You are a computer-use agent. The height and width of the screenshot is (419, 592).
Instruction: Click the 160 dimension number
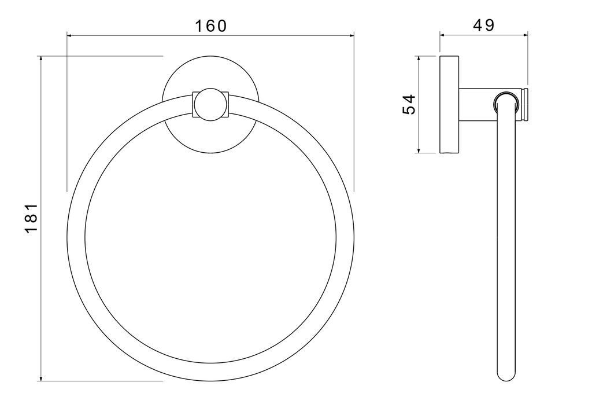pyautogui.click(x=210, y=25)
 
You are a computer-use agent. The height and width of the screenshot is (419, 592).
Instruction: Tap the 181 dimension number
pyautogui.click(x=32, y=218)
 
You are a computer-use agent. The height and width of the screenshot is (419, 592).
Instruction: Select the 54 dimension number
pyautogui.click(x=409, y=104)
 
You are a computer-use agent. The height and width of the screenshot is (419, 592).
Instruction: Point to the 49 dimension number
pyautogui.click(x=483, y=25)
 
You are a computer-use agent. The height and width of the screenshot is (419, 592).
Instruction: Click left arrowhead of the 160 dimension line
pyautogui.click(x=69, y=35)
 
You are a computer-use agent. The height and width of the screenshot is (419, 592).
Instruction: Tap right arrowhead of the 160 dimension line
pyautogui.click(x=351, y=35)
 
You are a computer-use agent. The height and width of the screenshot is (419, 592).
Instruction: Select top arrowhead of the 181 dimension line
pyautogui.click(x=40, y=58)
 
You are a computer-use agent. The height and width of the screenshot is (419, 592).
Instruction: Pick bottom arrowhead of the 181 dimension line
pyautogui.click(x=40, y=378)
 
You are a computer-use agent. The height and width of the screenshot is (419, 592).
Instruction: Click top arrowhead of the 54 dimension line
pyautogui.click(x=419, y=59)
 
